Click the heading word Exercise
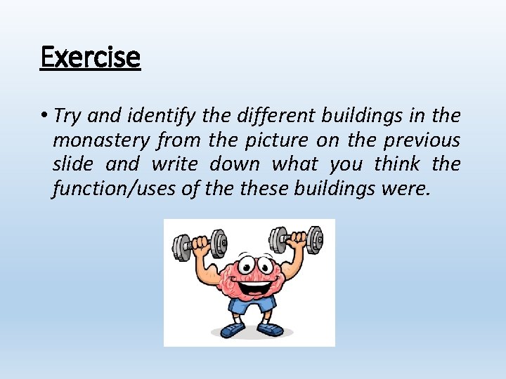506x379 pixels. point(90,56)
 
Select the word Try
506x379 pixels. point(67,116)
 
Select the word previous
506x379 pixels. point(422,140)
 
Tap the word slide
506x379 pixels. point(72,164)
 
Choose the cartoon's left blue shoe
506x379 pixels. point(232,330)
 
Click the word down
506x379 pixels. point(235,164)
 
